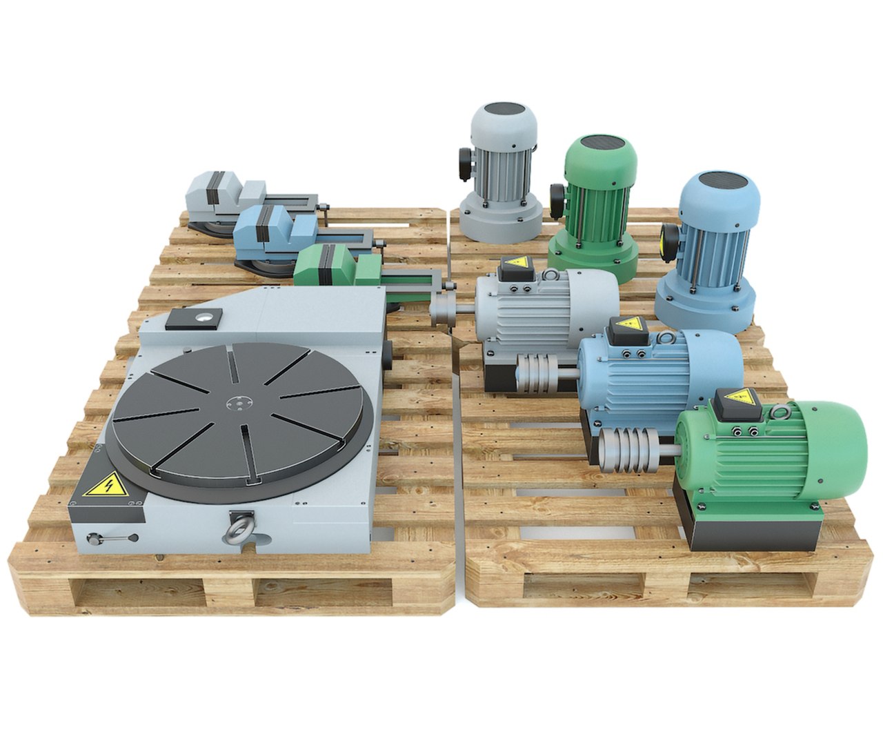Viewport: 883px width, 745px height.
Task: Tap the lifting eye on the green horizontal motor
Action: (x=781, y=413)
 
